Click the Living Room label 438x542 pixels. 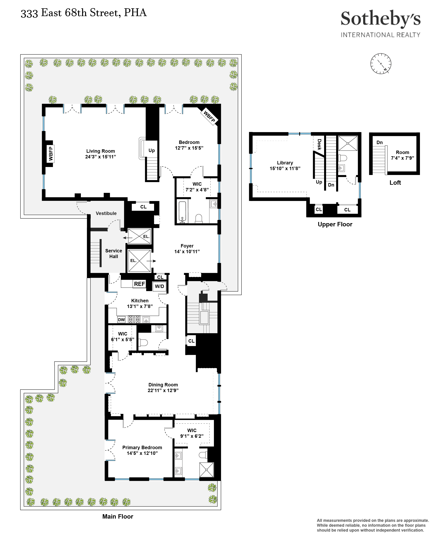coord(100,151)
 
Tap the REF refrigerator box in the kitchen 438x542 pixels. coord(139,284)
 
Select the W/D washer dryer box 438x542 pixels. coord(159,286)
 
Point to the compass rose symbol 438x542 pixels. coord(381,64)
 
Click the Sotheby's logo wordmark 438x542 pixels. coord(380,19)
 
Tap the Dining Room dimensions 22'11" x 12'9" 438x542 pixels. coord(163,390)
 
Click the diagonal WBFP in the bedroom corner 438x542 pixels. coord(209,117)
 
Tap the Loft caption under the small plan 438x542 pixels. coord(395,183)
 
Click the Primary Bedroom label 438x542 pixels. coord(142,447)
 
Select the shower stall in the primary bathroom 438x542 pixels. coord(206,470)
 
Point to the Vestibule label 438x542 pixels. coord(106,213)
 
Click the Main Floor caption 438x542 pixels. coord(118,516)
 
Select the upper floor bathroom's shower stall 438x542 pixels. coord(348,143)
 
